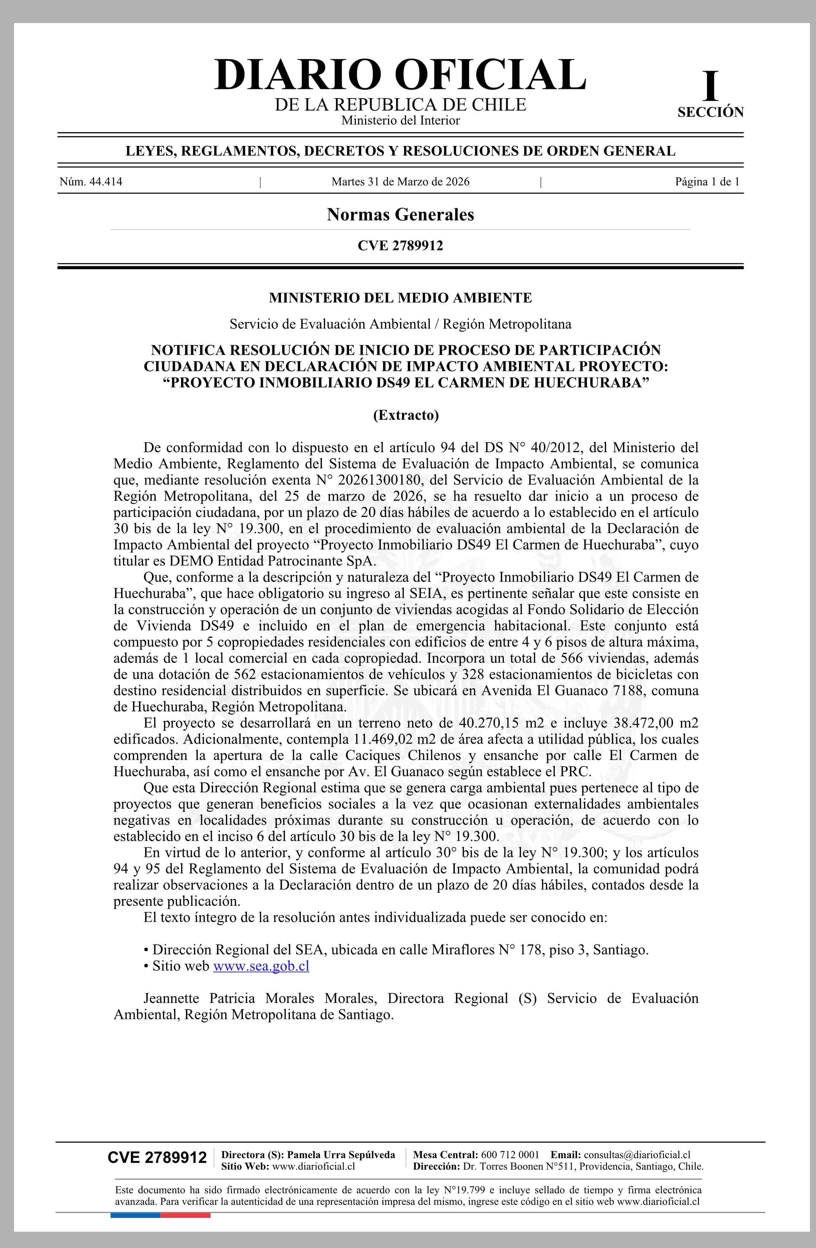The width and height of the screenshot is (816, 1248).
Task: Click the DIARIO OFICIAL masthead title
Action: (400, 75)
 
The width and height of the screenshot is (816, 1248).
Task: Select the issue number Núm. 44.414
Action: (91, 182)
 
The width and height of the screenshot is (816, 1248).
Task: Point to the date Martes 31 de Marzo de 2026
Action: (400, 182)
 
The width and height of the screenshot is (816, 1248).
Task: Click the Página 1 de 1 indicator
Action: (707, 182)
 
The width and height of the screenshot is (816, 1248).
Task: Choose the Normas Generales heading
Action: (400, 214)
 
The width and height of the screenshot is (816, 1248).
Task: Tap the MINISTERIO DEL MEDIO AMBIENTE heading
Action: (400, 298)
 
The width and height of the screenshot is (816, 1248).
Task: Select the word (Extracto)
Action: (405, 415)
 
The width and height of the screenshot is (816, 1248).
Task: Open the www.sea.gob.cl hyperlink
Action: (261, 966)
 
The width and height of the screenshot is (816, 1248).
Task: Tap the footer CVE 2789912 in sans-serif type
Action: (157, 1158)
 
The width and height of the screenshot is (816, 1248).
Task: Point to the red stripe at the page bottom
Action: (185, 1215)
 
